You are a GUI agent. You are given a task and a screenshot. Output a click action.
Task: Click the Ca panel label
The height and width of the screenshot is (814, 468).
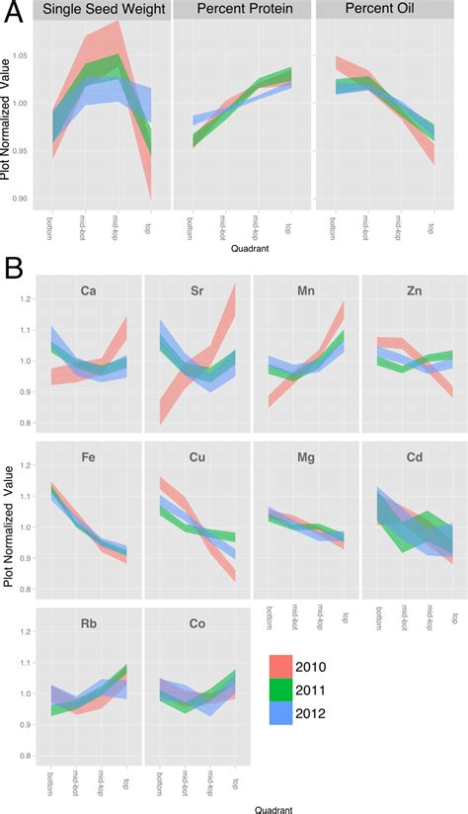[89, 291]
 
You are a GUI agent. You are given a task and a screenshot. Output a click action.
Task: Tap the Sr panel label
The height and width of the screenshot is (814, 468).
[196, 291]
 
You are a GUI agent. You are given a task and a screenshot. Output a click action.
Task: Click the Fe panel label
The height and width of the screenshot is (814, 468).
[89, 458]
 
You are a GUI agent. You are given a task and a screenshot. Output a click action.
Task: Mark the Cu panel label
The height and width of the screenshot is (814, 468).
[196, 458]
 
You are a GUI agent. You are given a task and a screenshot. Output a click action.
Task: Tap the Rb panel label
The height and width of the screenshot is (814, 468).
[89, 624]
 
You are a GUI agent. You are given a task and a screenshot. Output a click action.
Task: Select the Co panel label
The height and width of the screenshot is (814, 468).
[196, 624]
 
